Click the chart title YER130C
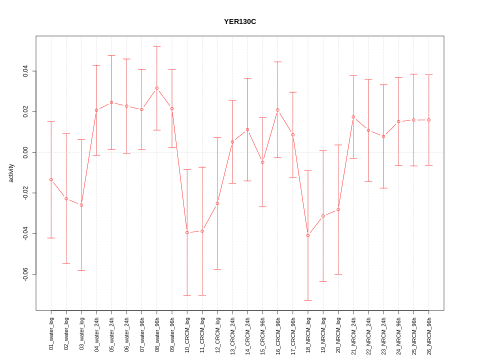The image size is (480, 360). tap(240, 21)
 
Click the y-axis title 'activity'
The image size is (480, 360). tap(11, 173)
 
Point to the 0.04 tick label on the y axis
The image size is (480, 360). tap(25, 71)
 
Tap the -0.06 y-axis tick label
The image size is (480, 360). tap(25, 274)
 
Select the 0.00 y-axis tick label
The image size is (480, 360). tap(25, 152)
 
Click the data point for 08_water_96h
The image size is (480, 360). tap(157, 88)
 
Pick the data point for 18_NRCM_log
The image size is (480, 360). tap(308, 235)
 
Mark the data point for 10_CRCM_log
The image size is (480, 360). tap(187, 232)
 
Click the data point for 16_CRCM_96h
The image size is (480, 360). tap(277, 110)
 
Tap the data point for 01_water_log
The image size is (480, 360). tap(51, 179)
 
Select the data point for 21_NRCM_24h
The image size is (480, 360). tap(353, 117)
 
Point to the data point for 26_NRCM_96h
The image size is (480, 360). tap(429, 120)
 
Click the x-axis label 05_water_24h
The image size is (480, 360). tap(111, 334)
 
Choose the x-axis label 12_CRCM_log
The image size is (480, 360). tap(217, 334)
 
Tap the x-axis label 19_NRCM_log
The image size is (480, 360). tap(323, 334)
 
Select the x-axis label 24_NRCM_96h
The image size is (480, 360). tap(398, 334)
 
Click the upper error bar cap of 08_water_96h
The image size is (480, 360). tap(157, 46)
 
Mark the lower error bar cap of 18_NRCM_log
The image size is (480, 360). tap(308, 300)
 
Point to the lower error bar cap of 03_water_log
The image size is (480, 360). tap(81, 270)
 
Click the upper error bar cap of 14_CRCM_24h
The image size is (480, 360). tap(247, 78)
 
